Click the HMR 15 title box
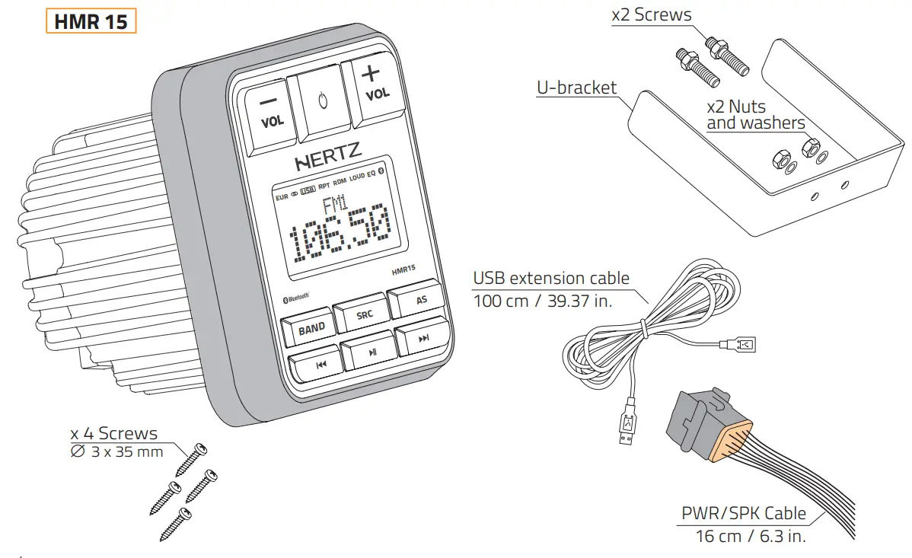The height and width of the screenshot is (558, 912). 91,21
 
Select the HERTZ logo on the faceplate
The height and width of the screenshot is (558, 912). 328,162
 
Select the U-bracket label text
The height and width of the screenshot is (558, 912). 576,88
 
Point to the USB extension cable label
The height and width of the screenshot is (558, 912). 551,278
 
